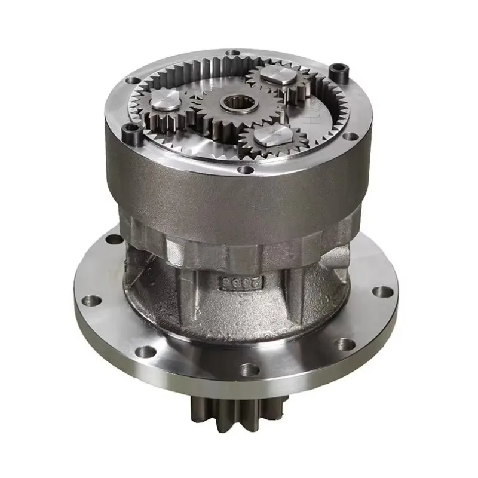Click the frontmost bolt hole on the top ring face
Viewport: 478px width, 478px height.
click(x=246, y=170)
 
